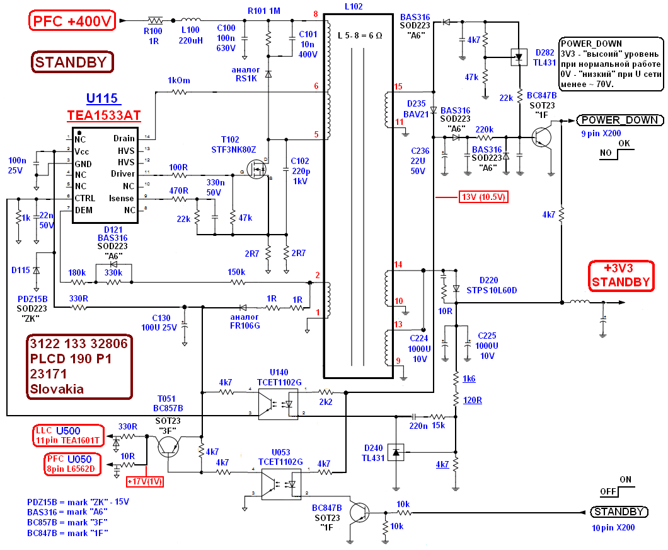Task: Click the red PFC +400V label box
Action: [x=72, y=21]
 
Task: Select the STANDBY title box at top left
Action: [x=72, y=62]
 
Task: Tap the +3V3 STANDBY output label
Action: [x=621, y=276]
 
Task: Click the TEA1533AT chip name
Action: [x=103, y=115]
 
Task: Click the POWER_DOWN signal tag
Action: [x=620, y=120]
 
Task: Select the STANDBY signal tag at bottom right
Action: [x=619, y=512]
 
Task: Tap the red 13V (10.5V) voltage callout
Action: [x=483, y=197]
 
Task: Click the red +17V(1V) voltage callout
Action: [x=145, y=482]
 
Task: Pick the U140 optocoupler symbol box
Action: [x=278, y=403]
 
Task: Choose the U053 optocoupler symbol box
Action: [x=281, y=484]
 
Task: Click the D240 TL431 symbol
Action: [x=396, y=452]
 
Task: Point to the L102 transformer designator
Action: [x=354, y=6]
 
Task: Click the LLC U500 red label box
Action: [x=68, y=435]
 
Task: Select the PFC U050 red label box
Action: [x=73, y=464]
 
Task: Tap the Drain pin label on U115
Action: [x=124, y=139]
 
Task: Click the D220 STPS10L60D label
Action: [x=492, y=285]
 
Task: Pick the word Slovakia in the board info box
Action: [x=57, y=389]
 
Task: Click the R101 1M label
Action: [x=264, y=11]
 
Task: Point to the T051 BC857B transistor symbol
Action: [x=168, y=447]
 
